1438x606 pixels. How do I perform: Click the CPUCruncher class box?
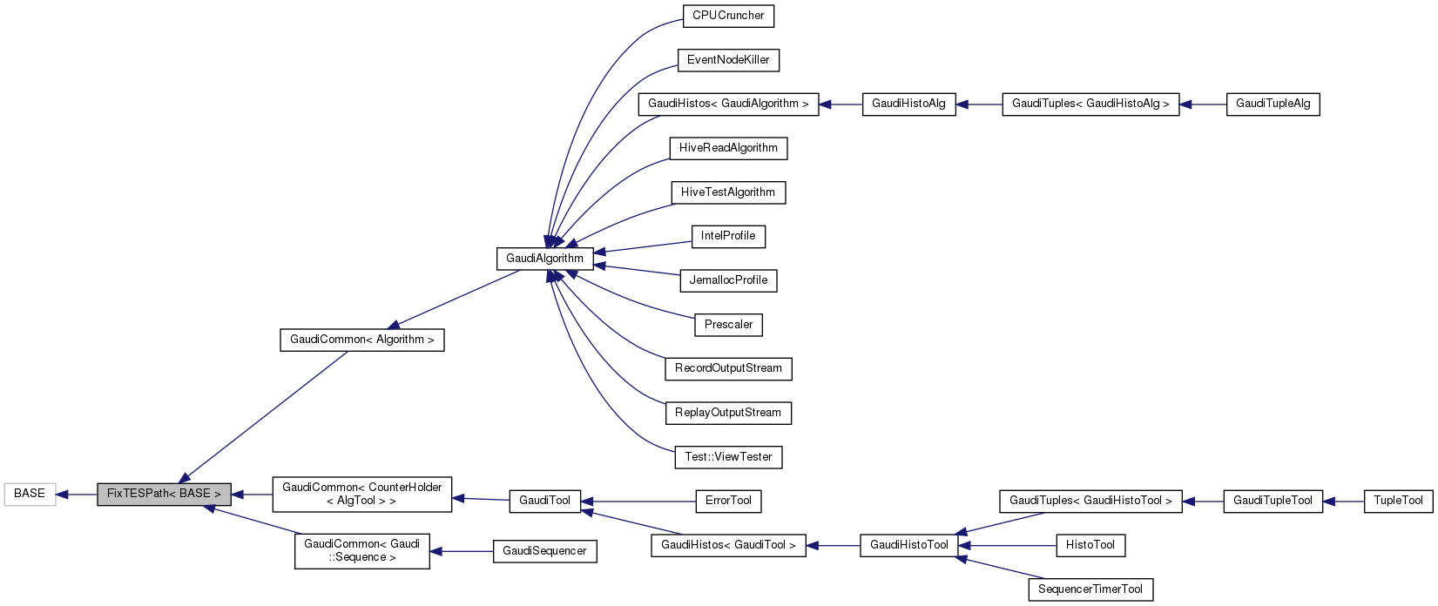[728, 16]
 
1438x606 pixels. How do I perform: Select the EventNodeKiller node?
[728, 60]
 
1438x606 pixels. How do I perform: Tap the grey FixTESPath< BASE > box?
[164, 494]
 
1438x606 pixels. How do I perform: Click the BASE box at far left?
[30, 494]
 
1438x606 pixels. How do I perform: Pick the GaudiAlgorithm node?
[545, 259]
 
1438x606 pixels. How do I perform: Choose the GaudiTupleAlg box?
[1273, 104]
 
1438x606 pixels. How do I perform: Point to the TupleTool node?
[1398, 501]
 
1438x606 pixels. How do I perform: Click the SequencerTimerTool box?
[1090, 589]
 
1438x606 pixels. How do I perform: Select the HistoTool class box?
[1090, 545]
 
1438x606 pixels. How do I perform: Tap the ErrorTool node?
[728, 501]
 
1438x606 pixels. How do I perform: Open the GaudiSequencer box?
[545, 551]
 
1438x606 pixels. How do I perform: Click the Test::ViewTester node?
[728, 457]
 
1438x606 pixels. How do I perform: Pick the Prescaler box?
[728, 325]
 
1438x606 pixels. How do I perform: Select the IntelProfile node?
[728, 236]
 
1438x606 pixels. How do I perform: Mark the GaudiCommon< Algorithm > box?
[362, 340]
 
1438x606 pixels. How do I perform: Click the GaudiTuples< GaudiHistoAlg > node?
[1090, 104]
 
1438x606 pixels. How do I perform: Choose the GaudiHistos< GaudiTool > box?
[728, 545]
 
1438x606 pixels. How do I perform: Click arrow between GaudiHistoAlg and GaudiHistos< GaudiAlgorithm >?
[841, 104]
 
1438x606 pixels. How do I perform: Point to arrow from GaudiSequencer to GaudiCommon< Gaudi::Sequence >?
[462, 551]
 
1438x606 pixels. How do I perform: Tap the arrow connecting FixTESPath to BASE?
[77, 495]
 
